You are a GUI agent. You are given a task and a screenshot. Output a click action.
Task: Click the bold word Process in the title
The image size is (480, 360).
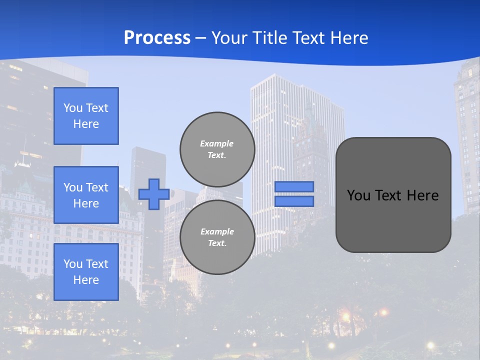coord(157,38)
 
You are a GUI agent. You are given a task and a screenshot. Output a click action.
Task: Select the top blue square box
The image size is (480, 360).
coord(86,116)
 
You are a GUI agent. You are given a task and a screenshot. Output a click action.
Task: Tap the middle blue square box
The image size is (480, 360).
coord(86,195)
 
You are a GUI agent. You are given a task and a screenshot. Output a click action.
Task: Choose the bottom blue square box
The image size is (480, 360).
coord(86,272)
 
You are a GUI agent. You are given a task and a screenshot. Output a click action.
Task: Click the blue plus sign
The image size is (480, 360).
coord(154,193)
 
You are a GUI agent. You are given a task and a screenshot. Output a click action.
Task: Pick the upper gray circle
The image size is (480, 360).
coord(217,149)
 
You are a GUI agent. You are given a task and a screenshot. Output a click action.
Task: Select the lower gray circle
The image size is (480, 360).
coord(217,237)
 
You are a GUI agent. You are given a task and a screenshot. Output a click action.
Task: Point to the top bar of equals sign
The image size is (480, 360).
coord(294,186)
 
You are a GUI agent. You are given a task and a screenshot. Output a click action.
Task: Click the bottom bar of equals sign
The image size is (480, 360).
coord(294,201)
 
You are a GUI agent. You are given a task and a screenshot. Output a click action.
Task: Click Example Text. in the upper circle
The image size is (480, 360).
coord(217,149)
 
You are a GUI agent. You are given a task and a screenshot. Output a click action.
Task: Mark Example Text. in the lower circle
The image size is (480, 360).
coord(217,237)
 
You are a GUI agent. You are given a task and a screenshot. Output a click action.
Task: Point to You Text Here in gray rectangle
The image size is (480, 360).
coord(393,195)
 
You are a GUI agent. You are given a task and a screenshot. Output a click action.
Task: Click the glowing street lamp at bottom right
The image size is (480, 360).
coord(430,345)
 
